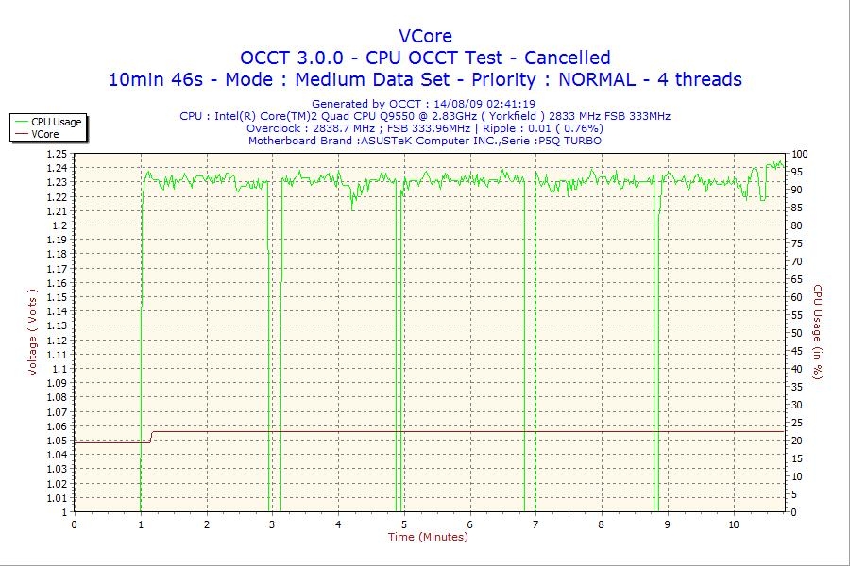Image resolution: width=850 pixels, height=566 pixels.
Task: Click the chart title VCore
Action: pyautogui.click(x=425, y=36)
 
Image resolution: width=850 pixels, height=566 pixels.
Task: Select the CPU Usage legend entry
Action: pyautogui.click(x=57, y=122)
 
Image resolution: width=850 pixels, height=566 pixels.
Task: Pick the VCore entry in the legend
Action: pyautogui.click(x=45, y=134)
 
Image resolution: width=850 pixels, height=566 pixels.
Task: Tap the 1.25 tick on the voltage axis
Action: pyautogui.click(x=57, y=154)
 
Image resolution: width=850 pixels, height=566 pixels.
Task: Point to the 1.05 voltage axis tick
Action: pyautogui.click(x=57, y=441)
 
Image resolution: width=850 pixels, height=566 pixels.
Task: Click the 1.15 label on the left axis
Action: pyautogui.click(x=57, y=297)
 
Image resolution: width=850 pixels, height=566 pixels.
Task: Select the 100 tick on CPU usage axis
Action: pyautogui.click(x=799, y=154)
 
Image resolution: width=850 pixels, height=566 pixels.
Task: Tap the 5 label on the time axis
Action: pyautogui.click(x=404, y=524)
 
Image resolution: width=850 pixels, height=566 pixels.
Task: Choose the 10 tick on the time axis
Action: pyautogui.click(x=734, y=524)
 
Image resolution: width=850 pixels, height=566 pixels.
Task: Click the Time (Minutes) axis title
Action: pyautogui.click(x=428, y=537)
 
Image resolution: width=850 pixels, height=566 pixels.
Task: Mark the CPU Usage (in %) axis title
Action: pyautogui.click(x=818, y=332)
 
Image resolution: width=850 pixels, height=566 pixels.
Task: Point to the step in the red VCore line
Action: pyautogui.click(x=152, y=437)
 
